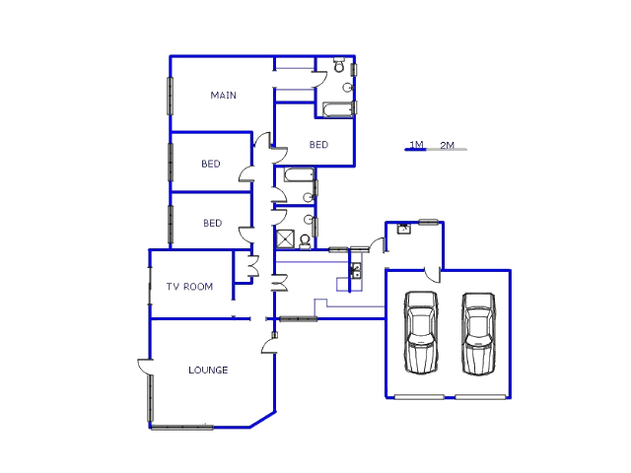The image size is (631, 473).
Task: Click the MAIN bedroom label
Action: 224,96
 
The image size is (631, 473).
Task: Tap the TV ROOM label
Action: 189,287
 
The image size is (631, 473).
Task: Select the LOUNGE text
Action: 208,371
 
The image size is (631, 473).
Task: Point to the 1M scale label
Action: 416,145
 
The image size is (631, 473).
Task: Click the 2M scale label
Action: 447,145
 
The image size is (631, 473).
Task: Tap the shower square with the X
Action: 285,238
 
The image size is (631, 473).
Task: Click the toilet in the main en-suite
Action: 338,67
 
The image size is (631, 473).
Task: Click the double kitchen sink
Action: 355,270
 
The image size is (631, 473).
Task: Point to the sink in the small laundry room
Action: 403,230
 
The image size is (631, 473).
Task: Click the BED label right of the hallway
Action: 318,145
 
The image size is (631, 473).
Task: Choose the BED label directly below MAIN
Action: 211,165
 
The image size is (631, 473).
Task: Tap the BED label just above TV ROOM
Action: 213,224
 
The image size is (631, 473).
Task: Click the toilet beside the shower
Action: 306,239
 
